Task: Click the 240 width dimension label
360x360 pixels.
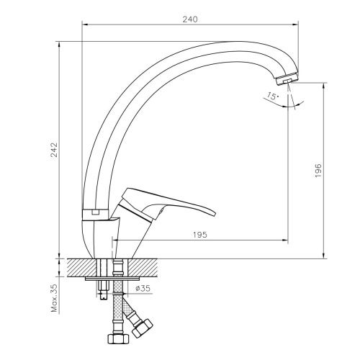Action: (x=189, y=19)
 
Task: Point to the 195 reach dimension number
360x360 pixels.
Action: (x=201, y=235)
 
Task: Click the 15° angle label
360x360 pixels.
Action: (x=271, y=94)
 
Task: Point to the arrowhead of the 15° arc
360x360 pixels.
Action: (x=298, y=105)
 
